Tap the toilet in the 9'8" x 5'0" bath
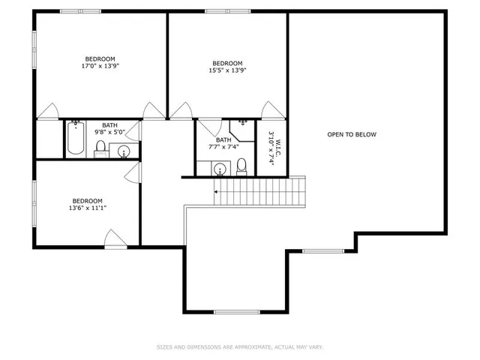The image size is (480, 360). click(x=100, y=148)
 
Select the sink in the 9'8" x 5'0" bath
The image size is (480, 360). click(x=124, y=152)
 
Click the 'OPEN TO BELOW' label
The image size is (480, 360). click(x=352, y=135)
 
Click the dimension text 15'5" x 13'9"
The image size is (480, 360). click(x=227, y=70)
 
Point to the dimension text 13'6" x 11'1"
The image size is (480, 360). click(x=88, y=208)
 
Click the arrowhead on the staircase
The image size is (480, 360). click(x=217, y=193)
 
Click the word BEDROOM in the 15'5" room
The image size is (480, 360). click(x=227, y=63)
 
